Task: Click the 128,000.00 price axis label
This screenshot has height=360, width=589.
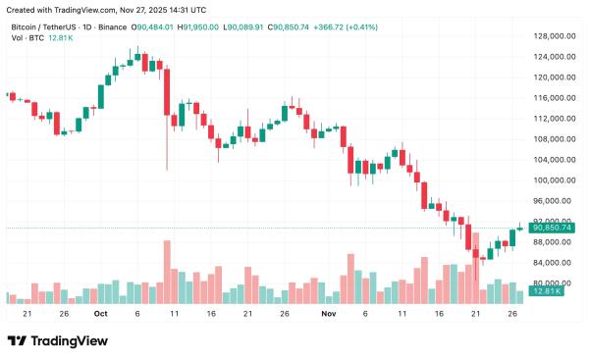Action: [x=554, y=36]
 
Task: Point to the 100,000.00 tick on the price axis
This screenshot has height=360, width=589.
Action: [x=554, y=180]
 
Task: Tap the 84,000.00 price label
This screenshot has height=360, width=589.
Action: [x=554, y=263]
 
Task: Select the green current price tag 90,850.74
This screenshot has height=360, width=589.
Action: [x=553, y=228]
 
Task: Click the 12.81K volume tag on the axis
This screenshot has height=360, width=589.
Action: [x=546, y=292]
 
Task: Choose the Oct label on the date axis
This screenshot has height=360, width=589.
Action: [x=100, y=314]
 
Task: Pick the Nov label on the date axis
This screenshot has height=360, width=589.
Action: [x=329, y=314]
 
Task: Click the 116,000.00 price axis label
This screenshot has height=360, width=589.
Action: [x=554, y=98]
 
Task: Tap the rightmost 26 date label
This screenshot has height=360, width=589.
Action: [x=511, y=314]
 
